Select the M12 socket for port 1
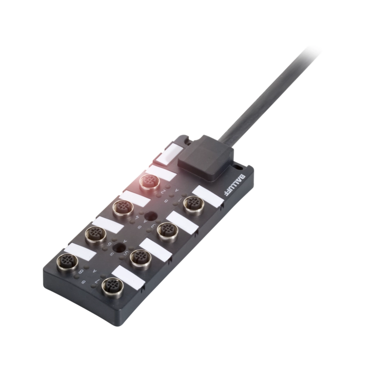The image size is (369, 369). tap(192, 203)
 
